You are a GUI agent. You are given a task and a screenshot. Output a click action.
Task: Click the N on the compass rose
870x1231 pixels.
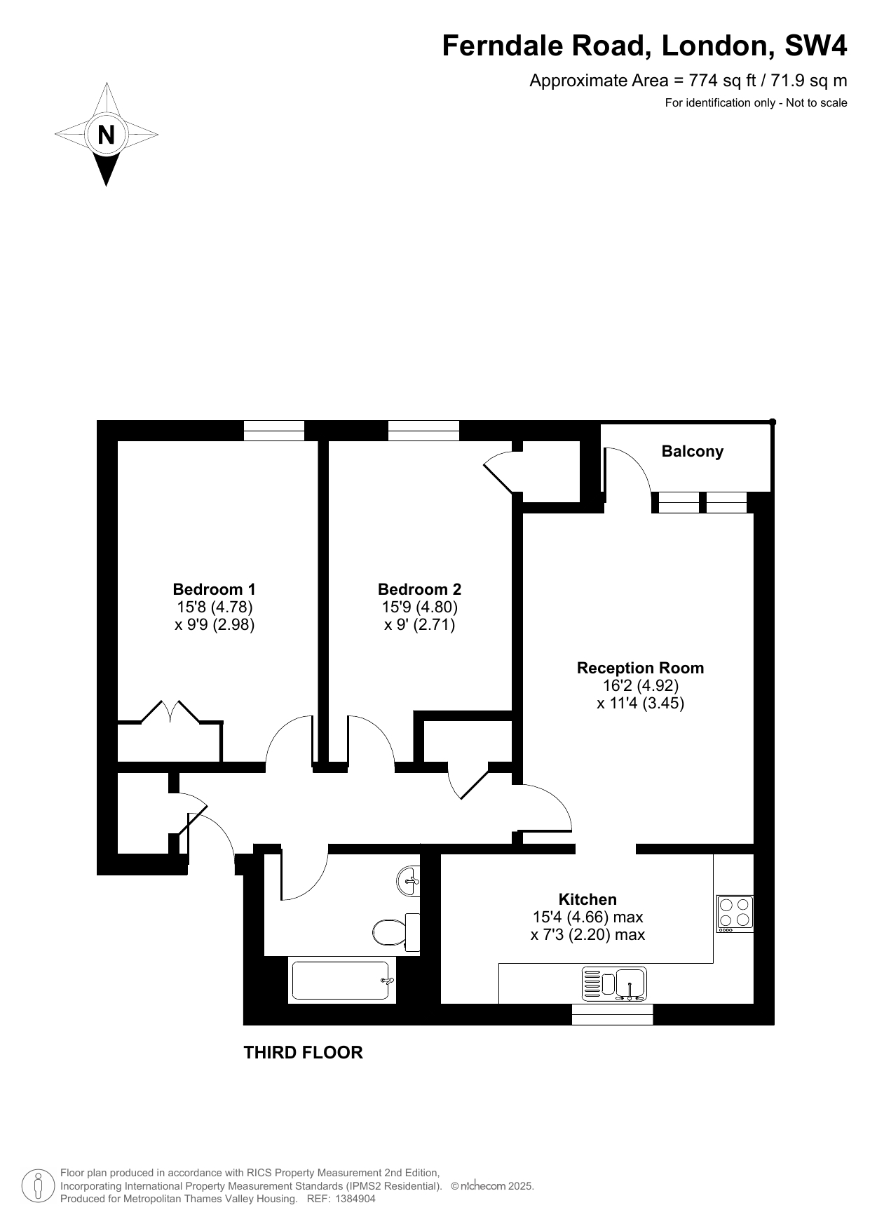tap(106, 134)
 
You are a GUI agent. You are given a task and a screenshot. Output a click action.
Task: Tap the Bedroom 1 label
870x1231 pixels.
tap(215, 589)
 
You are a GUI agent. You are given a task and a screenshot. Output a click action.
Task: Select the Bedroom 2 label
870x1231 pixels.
tap(419, 589)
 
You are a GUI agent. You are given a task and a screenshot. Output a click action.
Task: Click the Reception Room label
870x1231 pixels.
tap(640, 668)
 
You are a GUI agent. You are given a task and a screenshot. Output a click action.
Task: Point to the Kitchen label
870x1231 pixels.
tap(587, 899)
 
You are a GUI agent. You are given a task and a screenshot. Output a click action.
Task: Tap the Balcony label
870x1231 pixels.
tap(693, 451)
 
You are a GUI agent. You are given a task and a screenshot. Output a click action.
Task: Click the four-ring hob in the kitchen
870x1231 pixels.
tap(735, 914)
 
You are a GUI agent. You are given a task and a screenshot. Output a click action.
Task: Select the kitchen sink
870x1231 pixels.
tap(615, 983)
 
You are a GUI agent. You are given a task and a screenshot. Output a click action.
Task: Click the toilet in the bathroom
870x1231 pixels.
tap(396, 931)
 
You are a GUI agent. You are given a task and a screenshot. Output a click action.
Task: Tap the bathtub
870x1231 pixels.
tap(343, 980)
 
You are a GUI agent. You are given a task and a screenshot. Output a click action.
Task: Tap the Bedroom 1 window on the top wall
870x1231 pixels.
tap(274, 431)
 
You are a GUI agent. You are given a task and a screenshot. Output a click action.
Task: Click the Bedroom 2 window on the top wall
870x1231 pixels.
tap(423, 431)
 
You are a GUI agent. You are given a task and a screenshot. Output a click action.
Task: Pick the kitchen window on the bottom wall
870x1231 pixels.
tap(613, 1014)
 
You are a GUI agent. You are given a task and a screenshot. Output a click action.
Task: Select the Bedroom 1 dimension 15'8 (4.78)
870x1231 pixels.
tap(215, 607)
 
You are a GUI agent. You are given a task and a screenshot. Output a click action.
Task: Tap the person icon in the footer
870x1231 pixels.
tap(39, 1185)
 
